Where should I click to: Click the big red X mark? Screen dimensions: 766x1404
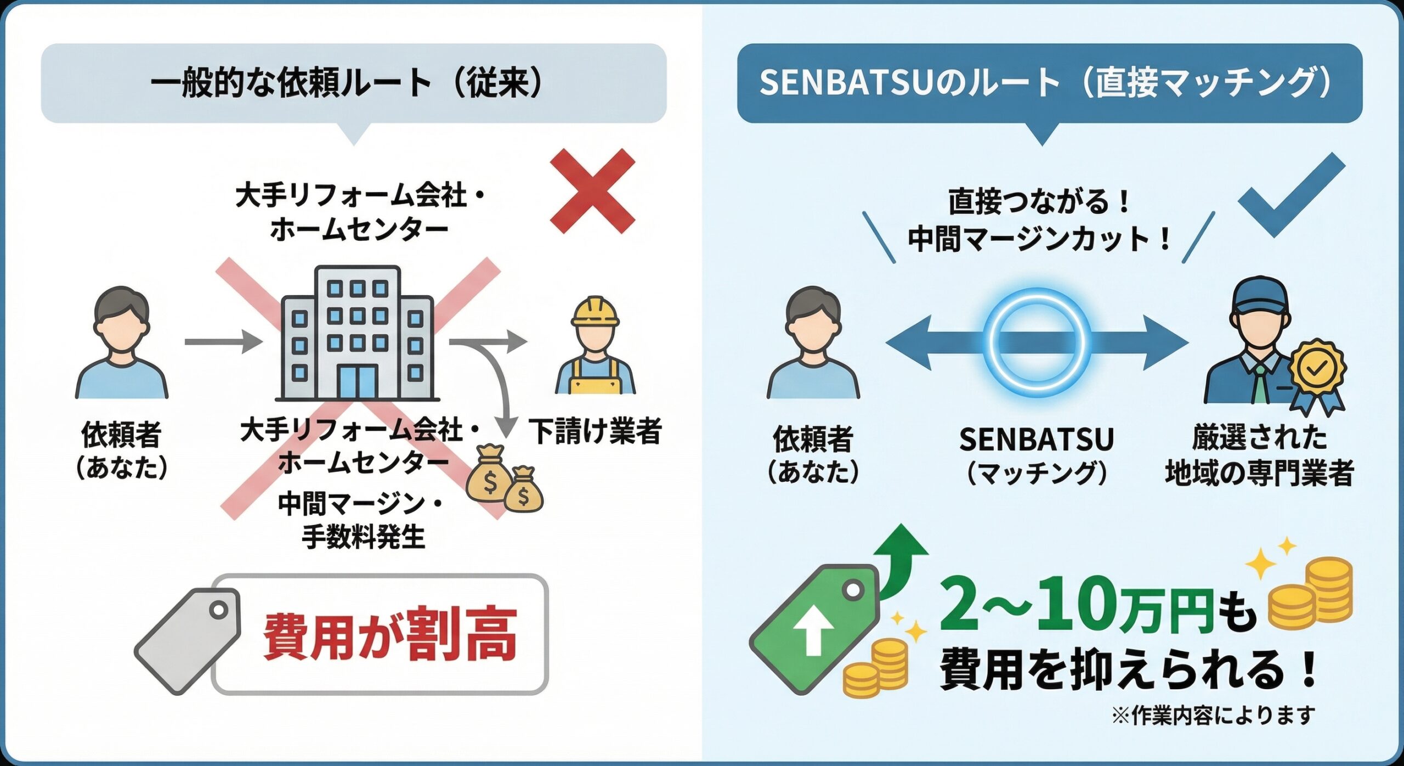coord(592,191)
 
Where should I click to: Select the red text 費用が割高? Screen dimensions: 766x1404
coord(390,634)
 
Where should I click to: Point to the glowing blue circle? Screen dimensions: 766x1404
coord(1037,343)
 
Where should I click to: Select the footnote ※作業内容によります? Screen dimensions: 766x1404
coord(1213,715)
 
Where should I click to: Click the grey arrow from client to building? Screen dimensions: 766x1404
coord(222,342)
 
